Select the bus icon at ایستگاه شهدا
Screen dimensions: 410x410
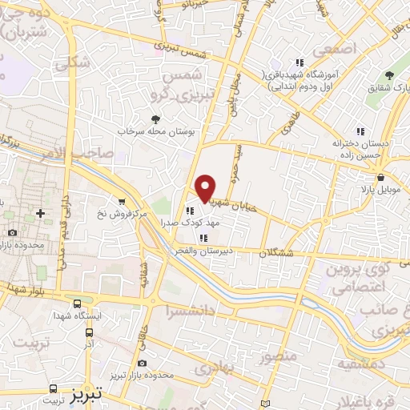coord(77,304)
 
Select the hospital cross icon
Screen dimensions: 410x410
coord(40,214)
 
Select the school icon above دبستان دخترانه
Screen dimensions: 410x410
coord(360,131)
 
